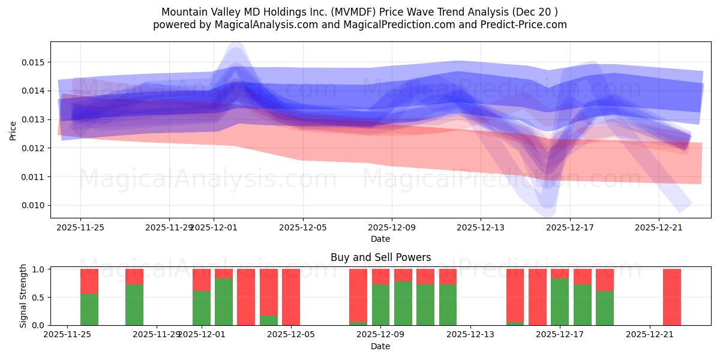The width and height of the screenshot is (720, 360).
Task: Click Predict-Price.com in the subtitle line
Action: click(x=529, y=25)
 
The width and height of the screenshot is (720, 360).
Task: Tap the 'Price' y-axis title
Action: click(x=13, y=130)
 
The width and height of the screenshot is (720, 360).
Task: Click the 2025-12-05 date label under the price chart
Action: click(x=303, y=227)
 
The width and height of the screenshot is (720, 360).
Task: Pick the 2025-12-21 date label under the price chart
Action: click(x=659, y=227)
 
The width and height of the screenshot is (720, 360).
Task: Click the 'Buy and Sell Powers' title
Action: click(x=380, y=257)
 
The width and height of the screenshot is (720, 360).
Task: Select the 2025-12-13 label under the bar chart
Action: click(x=470, y=335)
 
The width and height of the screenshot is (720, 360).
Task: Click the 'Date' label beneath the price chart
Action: click(x=380, y=239)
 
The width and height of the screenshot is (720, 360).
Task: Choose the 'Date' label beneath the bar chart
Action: click(x=380, y=346)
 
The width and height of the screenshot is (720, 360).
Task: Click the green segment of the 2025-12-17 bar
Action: click(x=560, y=302)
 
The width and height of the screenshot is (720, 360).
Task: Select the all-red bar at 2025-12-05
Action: click(x=291, y=297)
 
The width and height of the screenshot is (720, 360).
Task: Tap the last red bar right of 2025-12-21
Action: click(x=672, y=297)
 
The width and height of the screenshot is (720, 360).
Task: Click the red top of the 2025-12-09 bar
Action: click(x=380, y=276)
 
